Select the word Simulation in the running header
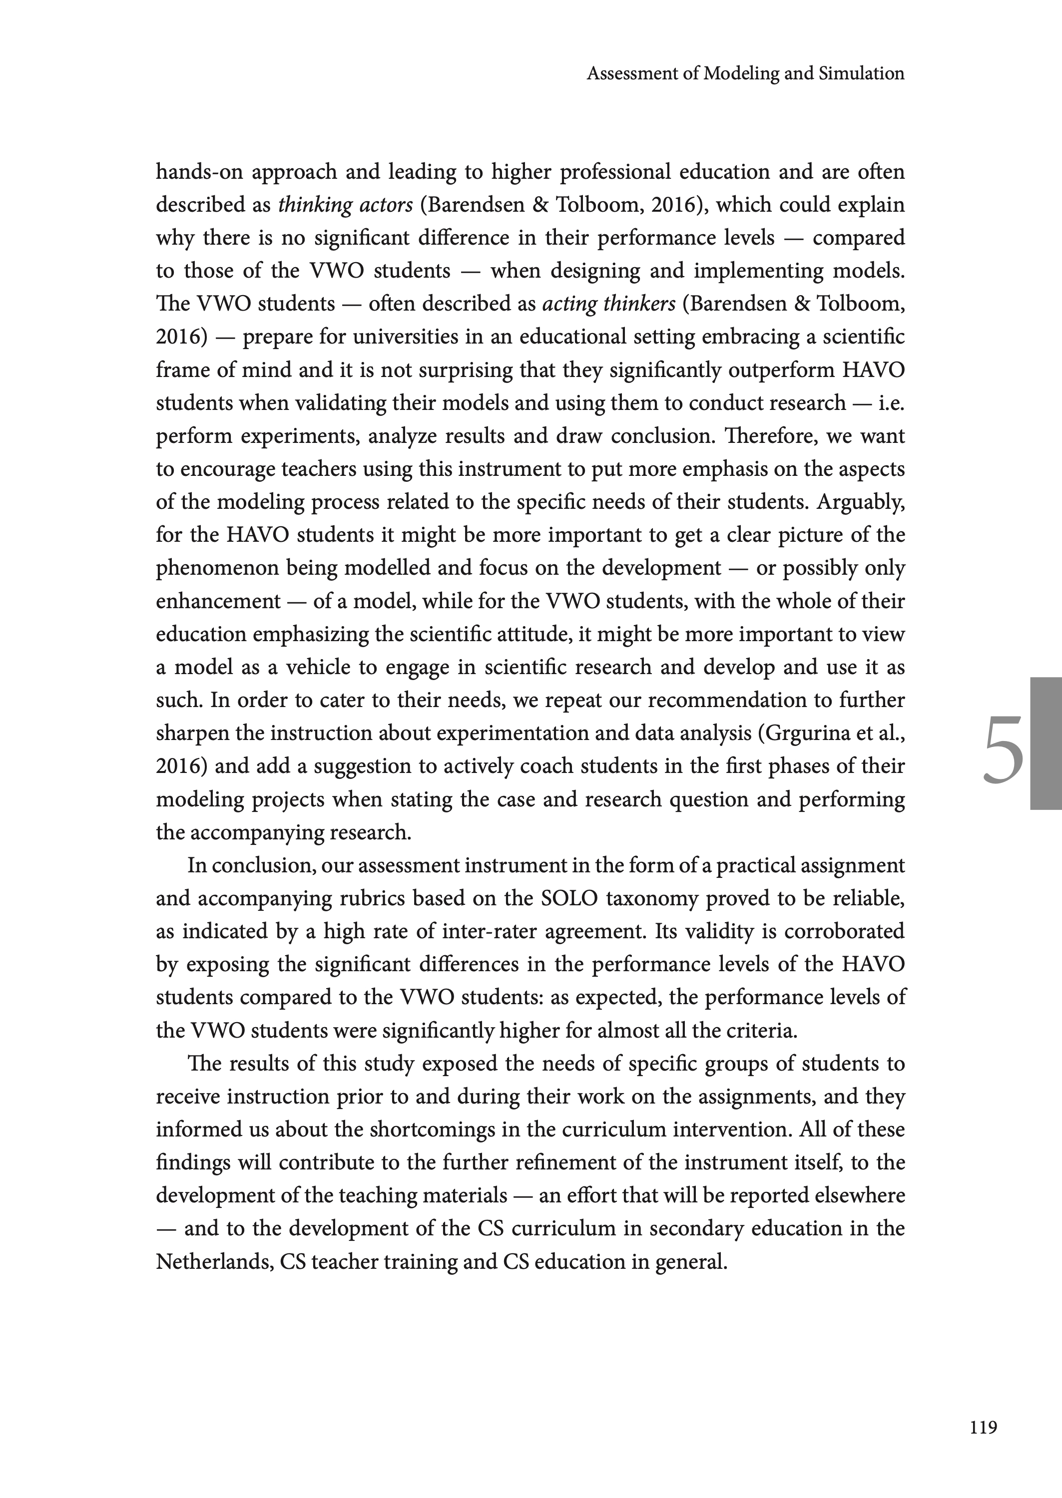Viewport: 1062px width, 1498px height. tap(861, 73)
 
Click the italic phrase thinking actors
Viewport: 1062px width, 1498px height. tap(345, 205)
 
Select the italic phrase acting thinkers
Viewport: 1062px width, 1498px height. tap(608, 304)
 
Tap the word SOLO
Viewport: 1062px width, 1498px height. tap(569, 899)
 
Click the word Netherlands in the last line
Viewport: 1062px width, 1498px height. tap(214, 1261)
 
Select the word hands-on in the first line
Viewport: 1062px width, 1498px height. tap(199, 172)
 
